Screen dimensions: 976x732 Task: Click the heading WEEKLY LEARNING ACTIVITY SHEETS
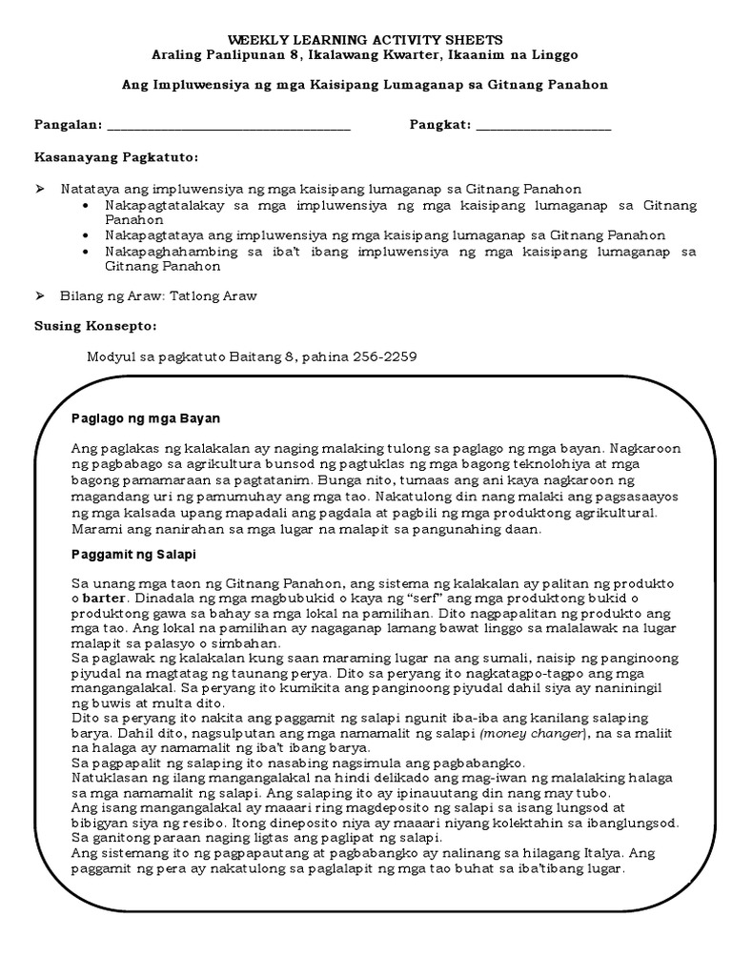(365, 40)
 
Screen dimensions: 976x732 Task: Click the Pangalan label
(67, 125)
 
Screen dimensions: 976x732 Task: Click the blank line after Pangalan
(229, 127)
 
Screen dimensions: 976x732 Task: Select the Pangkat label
(438, 125)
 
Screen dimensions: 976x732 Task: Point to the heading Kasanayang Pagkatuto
(116, 155)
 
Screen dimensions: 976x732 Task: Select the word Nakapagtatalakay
(159, 205)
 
